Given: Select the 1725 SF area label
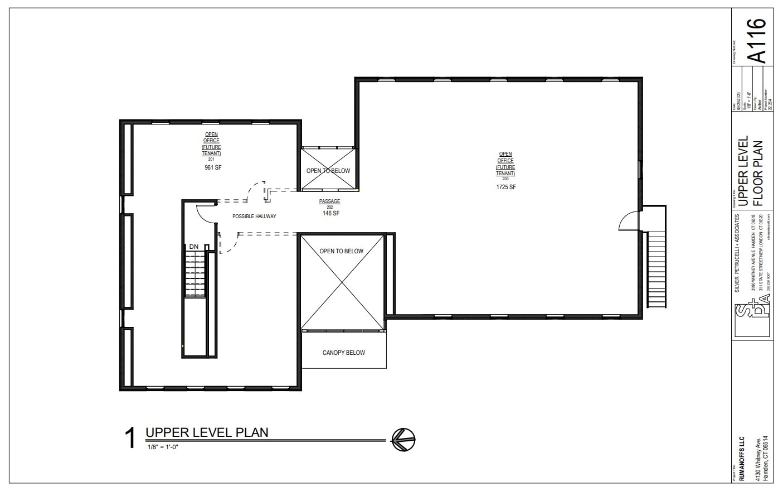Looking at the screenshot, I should (x=506, y=187).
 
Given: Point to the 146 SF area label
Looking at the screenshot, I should (x=330, y=213).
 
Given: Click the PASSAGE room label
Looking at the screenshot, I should (x=329, y=201).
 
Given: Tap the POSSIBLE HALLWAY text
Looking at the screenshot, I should (x=254, y=216).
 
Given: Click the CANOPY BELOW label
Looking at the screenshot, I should (x=344, y=353).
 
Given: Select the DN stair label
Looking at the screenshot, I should (x=193, y=247).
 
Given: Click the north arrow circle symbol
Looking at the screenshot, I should (x=403, y=439).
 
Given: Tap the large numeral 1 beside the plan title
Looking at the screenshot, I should (x=130, y=438).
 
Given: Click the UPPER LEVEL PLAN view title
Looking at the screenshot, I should (x=207, y=432).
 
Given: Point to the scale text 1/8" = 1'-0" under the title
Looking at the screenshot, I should (x=163, y=447).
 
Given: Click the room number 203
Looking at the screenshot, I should (x=505, y=179).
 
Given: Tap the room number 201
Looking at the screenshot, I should (x=211, y=159).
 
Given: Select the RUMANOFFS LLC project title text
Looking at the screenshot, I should (x=742, y=454).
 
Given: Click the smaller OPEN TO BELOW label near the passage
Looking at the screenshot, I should (x=328, y=171).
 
